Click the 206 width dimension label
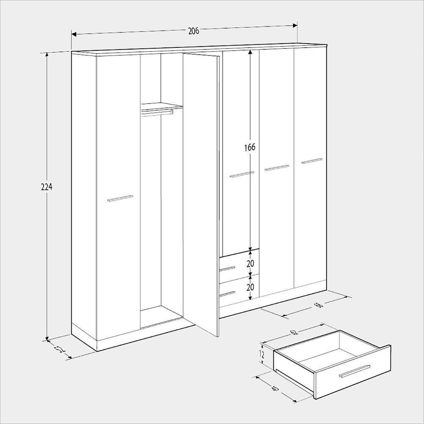[x=194, y=31]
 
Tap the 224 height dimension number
[x=47, y=187]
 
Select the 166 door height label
[x=250, y=147]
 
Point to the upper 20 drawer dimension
[x=250, y=263]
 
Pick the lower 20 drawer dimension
[x=250, y=287]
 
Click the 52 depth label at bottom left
[x=60, y=349]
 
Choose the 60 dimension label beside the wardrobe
[x=318, y=305]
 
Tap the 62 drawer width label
[x=294, y=332]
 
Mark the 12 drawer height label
[x=262, y=355]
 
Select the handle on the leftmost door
[x=120, y=198]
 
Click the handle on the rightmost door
[x=312, y=161]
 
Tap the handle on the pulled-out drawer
[x=355, y=371]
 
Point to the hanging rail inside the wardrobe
[x=157, y=112]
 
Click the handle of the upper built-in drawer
[x=227, y=269]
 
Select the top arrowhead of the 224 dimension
[x=47, y=55]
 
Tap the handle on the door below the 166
[x=242, y=174]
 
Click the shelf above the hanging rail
[x=162, y=106]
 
